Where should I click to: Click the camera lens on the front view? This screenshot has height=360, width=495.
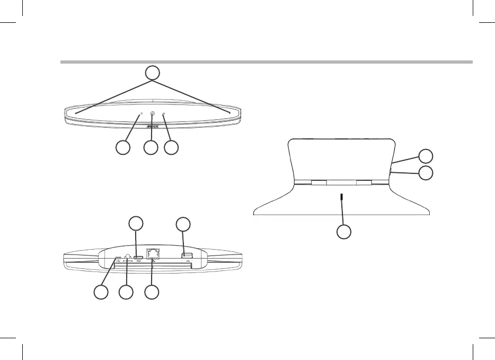click(x=153, y=114)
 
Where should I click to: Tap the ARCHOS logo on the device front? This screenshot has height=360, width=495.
click(x=153, y=127)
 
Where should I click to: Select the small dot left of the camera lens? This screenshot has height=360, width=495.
click(x=141, y=114)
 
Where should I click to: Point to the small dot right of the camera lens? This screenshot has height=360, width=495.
click(x=164, y=114)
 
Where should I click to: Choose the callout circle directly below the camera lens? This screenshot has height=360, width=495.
click(x=151, y=148)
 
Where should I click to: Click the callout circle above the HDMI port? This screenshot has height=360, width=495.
click(x=137, y=223)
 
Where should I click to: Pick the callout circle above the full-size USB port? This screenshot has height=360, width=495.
click(x=183, y=223)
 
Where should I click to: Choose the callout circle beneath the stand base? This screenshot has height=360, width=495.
click(x=344, y=232)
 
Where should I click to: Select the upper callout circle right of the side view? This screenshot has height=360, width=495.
click(x=425, y=156)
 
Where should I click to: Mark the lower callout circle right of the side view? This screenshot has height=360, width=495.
click(x=425, y=173)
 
